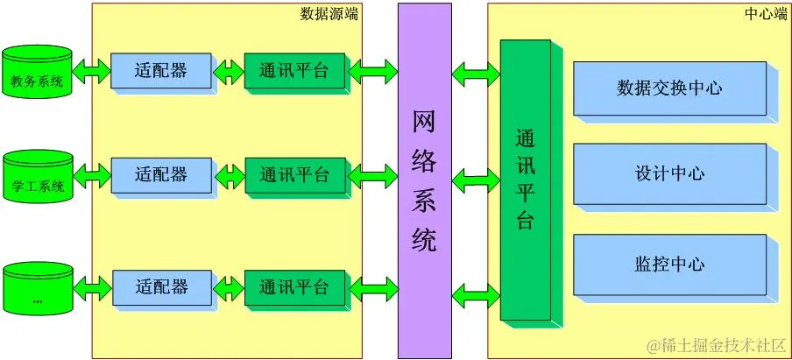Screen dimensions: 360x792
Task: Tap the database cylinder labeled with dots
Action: (x=37, y=289)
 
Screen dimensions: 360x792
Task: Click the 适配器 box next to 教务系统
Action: (x=161, y=71)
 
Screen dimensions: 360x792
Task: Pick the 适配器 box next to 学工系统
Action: (x=161, y=174)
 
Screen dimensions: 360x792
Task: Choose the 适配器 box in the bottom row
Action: (x=162, y=286)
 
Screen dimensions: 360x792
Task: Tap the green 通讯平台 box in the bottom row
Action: (x=293, y=286)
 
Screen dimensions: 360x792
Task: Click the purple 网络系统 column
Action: (x=424, y=180)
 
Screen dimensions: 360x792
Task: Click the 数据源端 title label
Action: (x=329, y=13)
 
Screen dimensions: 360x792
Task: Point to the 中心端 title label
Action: (x=765, y=13)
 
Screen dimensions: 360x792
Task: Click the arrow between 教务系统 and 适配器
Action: (x=91, y=71)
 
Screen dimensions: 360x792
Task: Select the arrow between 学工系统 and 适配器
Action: (x=91, y=174)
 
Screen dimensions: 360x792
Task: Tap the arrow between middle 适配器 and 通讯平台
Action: (x=229, y=174)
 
